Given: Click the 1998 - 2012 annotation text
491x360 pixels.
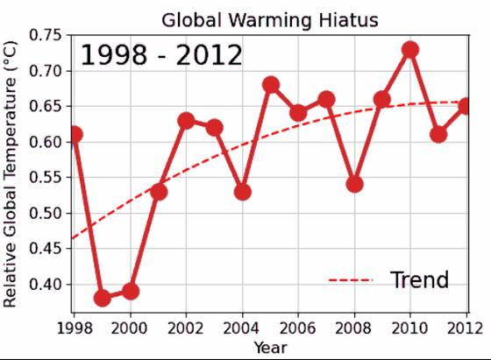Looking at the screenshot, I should tap(161, 56).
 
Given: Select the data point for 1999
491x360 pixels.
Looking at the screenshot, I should tap(103, 298).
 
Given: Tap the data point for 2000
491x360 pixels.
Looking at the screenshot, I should tap(131, 291).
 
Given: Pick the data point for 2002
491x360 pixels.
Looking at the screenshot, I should tap(186, 120).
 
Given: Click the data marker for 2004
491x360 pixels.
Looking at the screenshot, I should tap(242, 191).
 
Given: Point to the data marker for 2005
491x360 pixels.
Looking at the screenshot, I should tap(270, 85).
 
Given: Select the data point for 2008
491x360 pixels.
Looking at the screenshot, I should tap(354, 184).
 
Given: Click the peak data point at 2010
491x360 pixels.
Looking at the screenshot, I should tap(409, 49).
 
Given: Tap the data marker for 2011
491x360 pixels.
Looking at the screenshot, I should tap(438, 134).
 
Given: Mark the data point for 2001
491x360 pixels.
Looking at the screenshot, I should tap(159, 191).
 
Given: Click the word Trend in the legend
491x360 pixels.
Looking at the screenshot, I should tap(419, 280).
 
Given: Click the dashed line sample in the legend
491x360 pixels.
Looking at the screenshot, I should tap(351, 280).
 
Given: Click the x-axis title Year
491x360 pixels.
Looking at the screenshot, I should tap(270, 348).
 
